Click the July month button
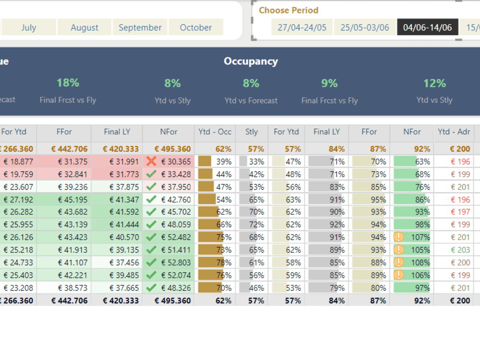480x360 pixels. (28, 27)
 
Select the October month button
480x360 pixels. (196, 27)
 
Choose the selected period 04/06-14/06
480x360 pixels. (427, 27)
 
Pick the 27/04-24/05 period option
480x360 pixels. (302, 27)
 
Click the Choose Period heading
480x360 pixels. (288, 10)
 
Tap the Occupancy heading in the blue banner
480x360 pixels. (251, 61)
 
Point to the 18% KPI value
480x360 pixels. (68, 83)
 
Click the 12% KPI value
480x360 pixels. (434, 84)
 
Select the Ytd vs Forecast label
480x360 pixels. (251, 101)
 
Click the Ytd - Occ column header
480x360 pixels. (215, 132)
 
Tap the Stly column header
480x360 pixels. (252, 132)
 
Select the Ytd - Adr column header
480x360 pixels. (454, 132)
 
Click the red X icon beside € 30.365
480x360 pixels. (151, 162)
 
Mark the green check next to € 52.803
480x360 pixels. (151, 263)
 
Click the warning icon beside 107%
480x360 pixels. (398, 237)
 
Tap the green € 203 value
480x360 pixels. (460, 250)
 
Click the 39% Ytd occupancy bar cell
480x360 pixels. (215, 162)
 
